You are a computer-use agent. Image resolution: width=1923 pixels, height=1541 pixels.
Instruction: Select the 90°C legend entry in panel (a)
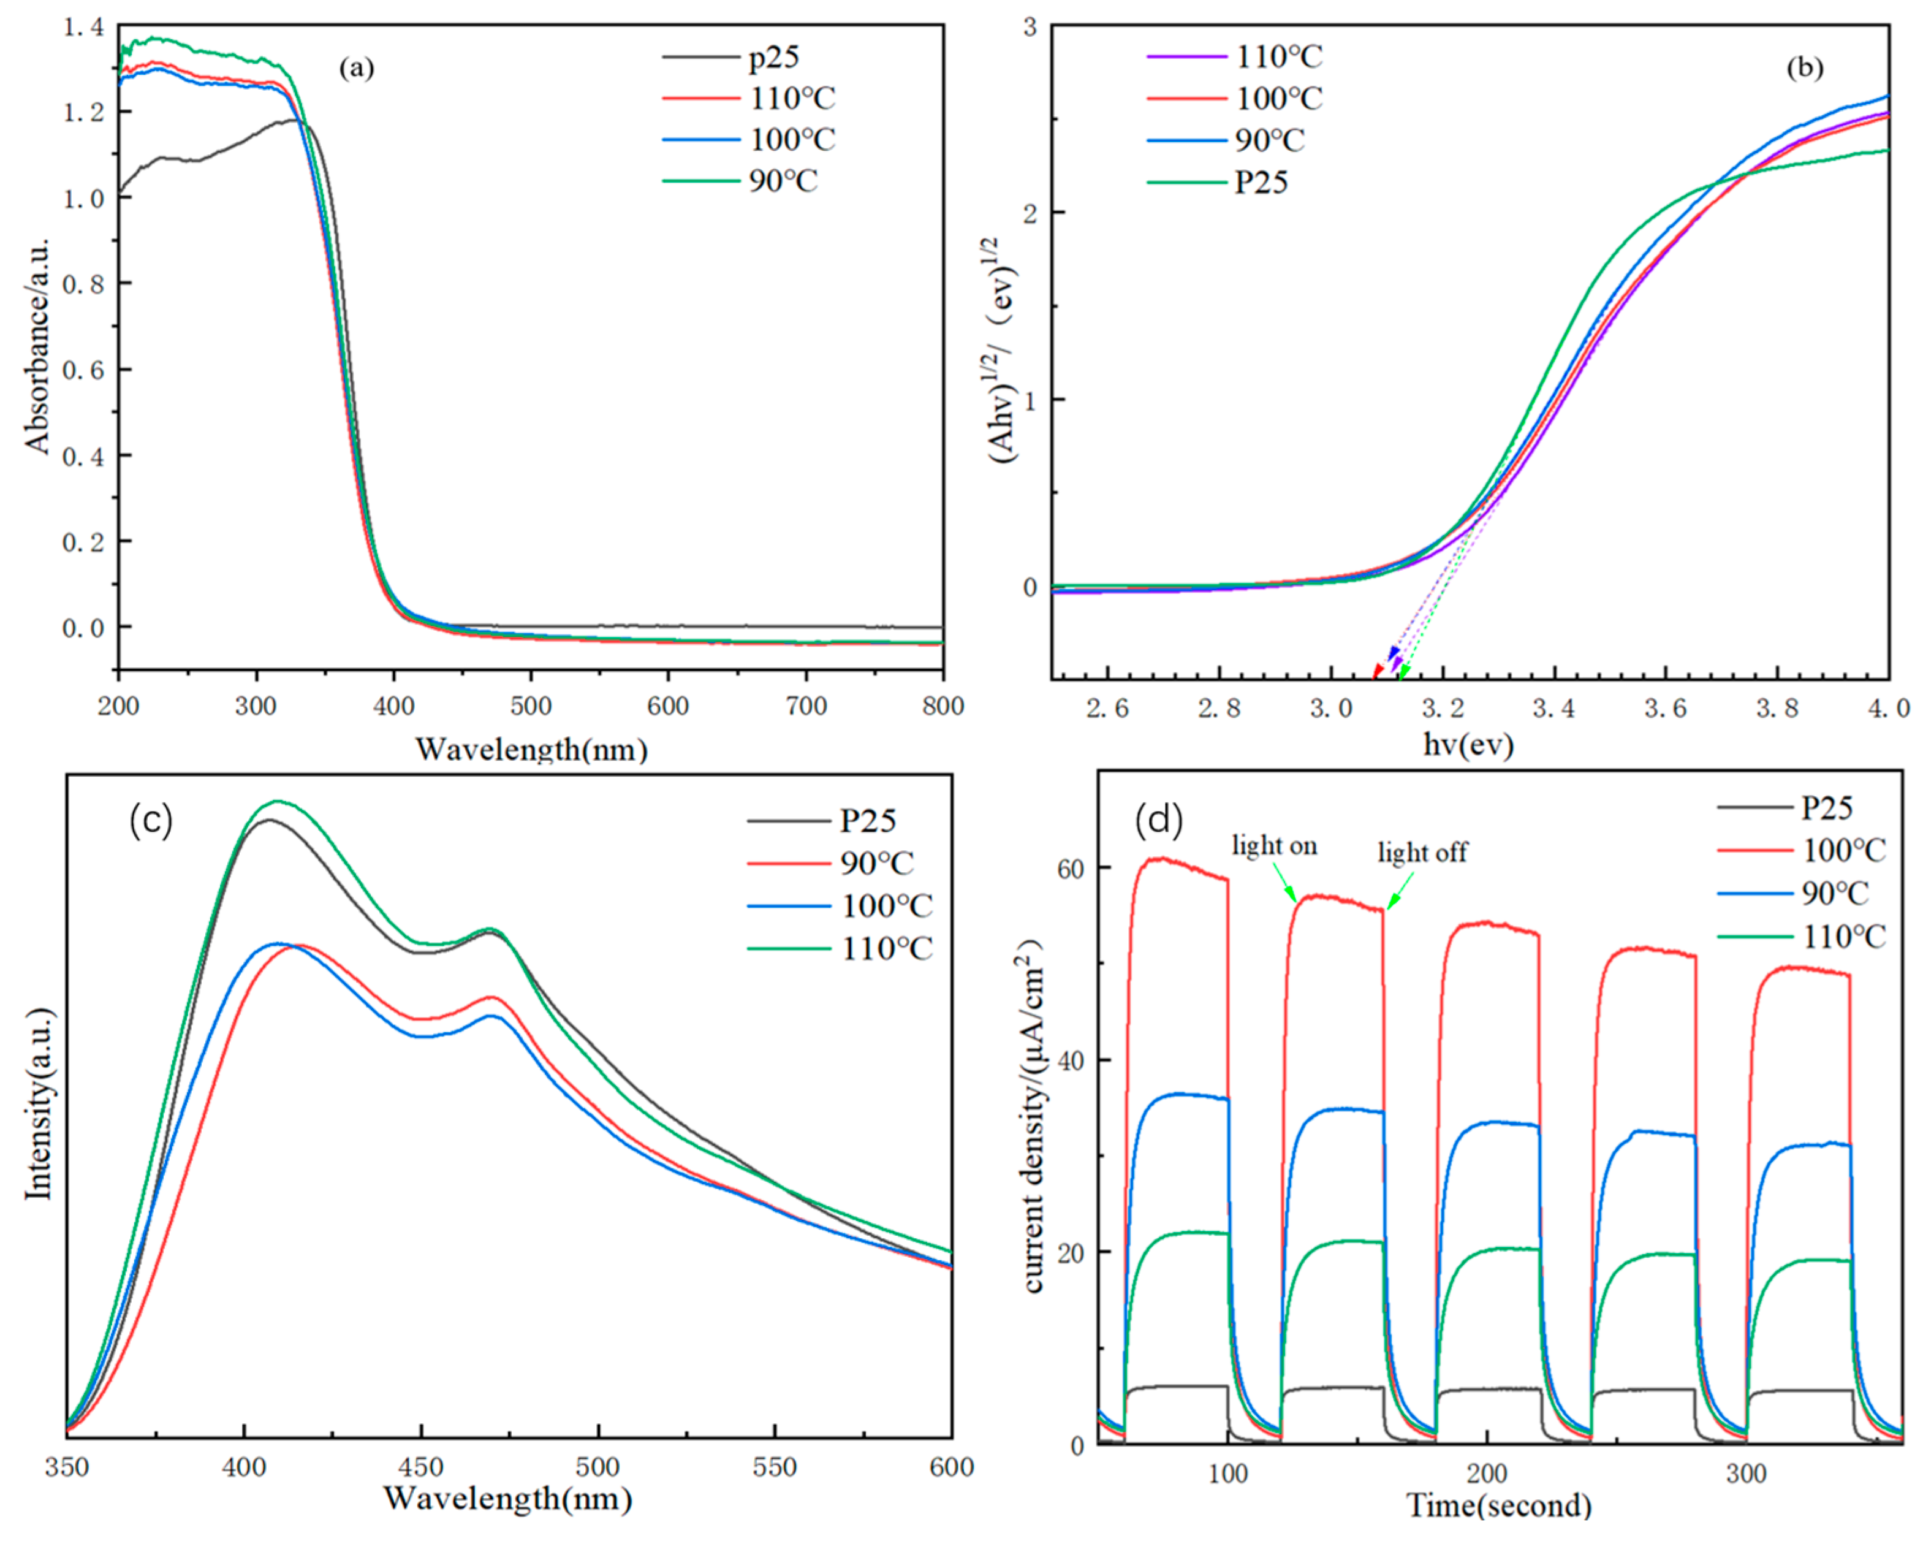tap(782, 181)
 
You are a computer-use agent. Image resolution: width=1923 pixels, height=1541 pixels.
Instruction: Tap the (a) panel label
tap(356, 69)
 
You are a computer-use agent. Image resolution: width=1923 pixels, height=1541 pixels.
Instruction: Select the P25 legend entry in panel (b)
tap(1261, 183)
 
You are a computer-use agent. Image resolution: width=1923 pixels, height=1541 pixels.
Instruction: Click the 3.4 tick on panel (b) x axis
tap(1553, 709)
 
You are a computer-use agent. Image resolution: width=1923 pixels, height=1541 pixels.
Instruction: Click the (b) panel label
tap(1804, 69)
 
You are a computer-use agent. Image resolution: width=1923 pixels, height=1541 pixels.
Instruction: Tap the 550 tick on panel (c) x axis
tap(773, 1467)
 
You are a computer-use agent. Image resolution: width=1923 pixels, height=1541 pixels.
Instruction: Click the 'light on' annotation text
tap(1273, 845)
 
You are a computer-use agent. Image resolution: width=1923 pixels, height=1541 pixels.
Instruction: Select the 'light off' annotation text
tap(1422, 853)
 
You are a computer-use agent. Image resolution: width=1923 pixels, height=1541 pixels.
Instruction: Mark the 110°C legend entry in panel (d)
tap(1843, 937)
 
